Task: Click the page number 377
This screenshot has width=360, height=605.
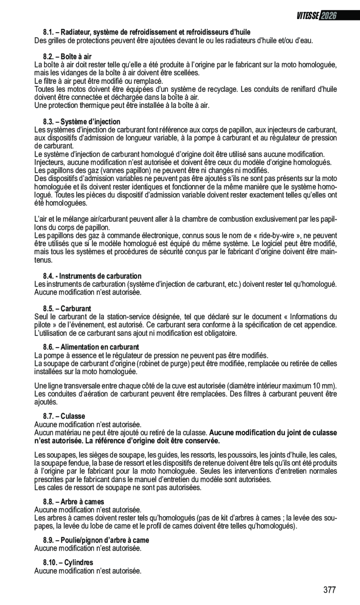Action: coord(329,590)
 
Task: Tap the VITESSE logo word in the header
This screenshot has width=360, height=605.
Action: coord(307,16)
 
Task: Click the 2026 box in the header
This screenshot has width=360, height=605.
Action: coord(328,16)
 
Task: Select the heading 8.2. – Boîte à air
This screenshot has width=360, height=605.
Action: coord(67,56)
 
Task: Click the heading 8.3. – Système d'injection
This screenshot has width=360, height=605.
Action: coord(82,122)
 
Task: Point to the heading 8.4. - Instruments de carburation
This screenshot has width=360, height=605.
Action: coord(92,276)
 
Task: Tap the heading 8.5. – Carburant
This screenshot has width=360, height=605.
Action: coord(67,309)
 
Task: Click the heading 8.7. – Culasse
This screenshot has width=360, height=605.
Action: coord(64,416)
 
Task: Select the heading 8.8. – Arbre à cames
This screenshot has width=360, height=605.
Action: coord(74,502)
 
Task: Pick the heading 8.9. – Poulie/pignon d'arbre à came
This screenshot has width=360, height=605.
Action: coord(96,540)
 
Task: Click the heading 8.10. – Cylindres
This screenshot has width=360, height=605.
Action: coord(68,563)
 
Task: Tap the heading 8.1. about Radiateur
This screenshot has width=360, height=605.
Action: coord(147,32)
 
